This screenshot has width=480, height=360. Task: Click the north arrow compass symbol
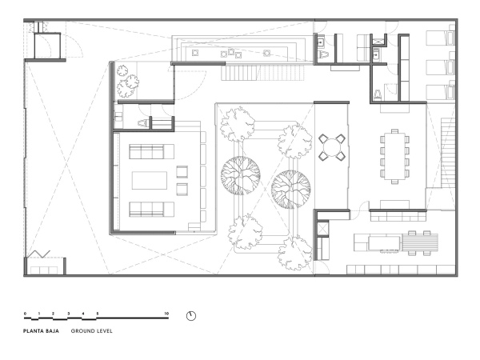coord(190,315)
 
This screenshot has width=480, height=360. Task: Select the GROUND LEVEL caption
coord(91,330)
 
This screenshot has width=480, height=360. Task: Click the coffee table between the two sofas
coord(150,179)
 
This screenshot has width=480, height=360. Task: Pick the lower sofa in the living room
coord(150,210)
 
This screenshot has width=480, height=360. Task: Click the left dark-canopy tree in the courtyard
coord(239,176)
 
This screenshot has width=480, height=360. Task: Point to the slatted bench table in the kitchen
coord(424,241)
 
